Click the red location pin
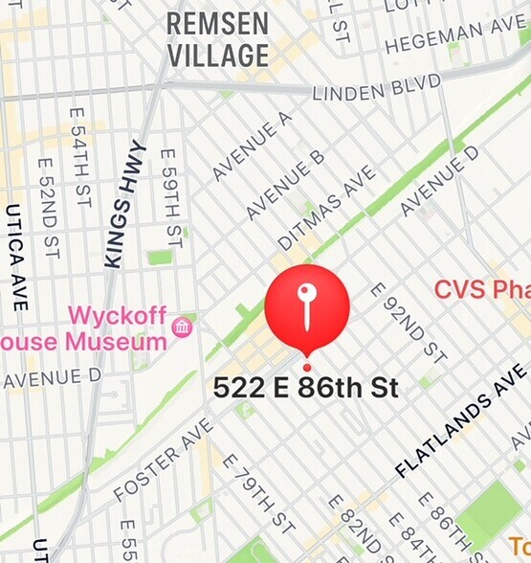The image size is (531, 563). [306, 309]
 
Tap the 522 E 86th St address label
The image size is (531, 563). [305, 389]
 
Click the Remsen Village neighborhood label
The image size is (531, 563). [218, 39]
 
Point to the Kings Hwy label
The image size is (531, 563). [127, 204]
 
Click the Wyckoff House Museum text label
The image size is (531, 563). [86, 328]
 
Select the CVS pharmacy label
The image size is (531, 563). [482, 288]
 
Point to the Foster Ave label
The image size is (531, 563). [164, 460]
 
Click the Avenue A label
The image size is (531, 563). [252, 146]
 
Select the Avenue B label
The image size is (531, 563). [285, 185]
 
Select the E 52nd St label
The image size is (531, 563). [51, 209]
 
